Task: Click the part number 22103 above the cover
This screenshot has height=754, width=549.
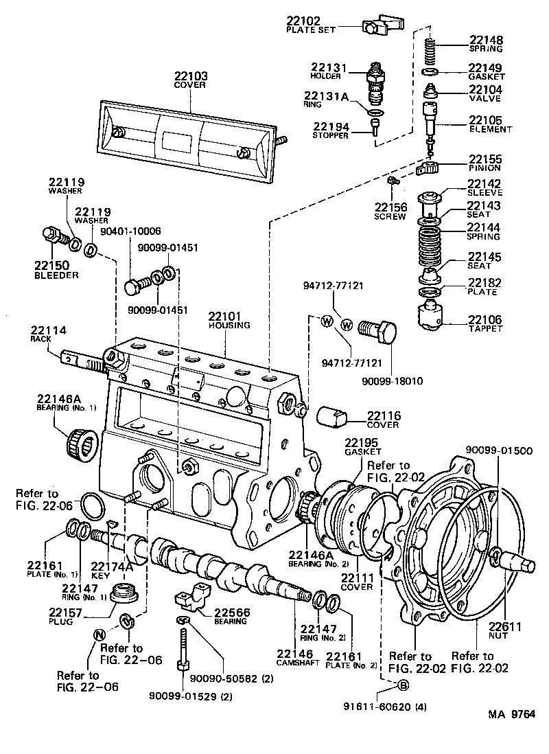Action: click(191, 76)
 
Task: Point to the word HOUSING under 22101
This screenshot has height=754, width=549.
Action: click(231, 325)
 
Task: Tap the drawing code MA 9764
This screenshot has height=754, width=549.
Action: click(511, 714)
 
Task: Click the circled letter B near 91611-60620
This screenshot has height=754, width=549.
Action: click(403, 685)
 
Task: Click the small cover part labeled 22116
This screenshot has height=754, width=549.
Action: click(333, 418)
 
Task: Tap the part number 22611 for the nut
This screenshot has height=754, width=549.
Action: click(505, 626)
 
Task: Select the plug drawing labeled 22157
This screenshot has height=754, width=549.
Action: click(125, 593)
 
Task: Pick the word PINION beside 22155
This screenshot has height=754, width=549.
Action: click(484, 168)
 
